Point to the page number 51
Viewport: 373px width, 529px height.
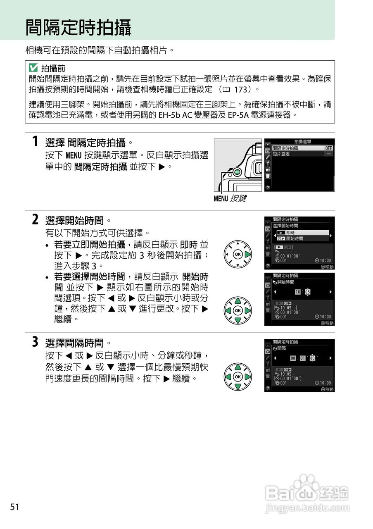(x=15, y=507)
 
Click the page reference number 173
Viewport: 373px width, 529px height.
(x=241, y=89)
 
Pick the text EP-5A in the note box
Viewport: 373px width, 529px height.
(x=238, y=114)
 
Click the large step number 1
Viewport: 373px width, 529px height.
(x=36, y=142)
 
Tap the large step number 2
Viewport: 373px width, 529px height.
(x=36, y=219)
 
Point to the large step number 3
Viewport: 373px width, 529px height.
(x=36, y=342)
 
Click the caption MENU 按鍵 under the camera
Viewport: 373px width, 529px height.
(x=230, y=198)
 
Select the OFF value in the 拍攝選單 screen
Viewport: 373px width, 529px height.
(x=328, y=148)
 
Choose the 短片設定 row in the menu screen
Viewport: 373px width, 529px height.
(x=281, y=154)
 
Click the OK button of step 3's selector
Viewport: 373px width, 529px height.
(x=238, y=376)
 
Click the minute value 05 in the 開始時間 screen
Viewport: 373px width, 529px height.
(x=307, y=292)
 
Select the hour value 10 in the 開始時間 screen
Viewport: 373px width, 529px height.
(x=298, y=292)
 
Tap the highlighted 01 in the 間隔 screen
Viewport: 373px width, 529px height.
(x=302, y=358)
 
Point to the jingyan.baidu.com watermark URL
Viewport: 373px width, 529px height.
(x=308, y=508)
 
